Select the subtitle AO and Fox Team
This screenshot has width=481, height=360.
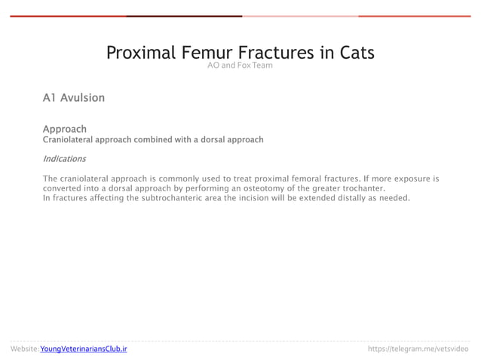point(240,66)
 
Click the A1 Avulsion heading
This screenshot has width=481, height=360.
point(74,98)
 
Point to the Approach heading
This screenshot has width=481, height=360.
point(64,129)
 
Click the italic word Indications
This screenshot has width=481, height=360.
point(64,159)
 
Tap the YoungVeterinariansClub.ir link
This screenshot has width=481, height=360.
point(84,349)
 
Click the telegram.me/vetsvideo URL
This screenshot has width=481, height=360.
point(418,349)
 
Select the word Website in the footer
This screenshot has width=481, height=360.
point(24,349)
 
